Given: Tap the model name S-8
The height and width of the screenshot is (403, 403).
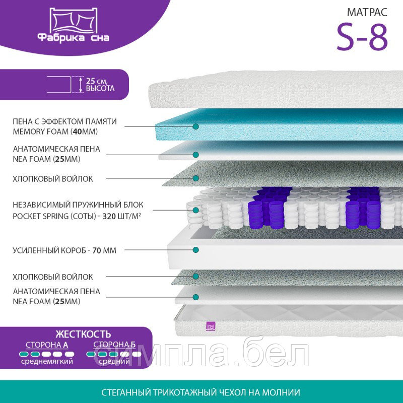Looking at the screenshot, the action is [362, 37].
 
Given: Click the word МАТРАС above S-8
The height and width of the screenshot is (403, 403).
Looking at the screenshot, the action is [367, 12].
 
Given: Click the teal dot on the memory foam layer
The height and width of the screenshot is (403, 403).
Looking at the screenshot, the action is [196, 126].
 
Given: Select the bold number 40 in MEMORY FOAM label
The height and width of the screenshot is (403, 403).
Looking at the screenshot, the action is [77, 131].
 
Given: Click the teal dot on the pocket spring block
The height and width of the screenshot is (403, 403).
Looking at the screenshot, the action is [196, 210].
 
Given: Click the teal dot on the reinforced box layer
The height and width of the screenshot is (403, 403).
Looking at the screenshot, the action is [196, 249].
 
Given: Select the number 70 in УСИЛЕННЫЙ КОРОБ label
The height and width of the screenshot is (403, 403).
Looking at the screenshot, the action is [96, 250].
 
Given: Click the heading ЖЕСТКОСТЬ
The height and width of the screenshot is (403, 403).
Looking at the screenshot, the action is [83, 334].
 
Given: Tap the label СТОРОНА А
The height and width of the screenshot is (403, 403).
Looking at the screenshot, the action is [47, 345].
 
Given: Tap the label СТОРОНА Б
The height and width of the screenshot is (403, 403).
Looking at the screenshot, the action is [114, 345].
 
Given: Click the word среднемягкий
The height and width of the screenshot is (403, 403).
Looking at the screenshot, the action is [47, 361].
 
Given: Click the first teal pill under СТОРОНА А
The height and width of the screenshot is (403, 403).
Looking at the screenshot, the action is [24, 354].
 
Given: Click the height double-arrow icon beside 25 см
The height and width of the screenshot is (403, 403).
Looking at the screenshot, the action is [81, 85].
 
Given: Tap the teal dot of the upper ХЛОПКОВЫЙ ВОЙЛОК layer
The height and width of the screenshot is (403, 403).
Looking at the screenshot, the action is [196, 178].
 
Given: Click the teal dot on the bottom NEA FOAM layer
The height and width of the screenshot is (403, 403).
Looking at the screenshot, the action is [196, 297].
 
